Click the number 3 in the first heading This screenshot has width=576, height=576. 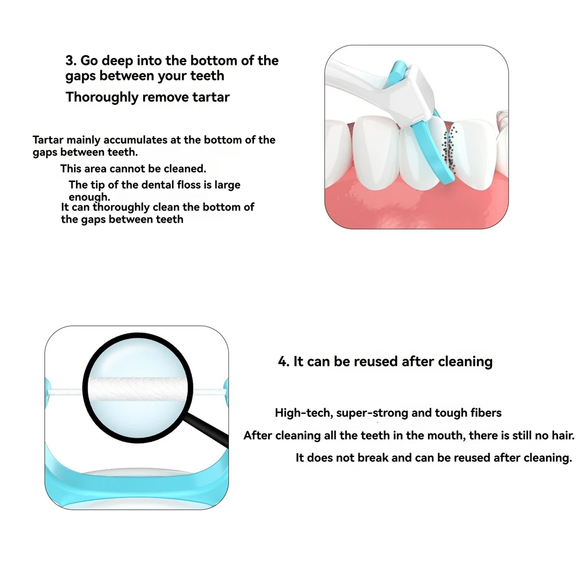pyautogui.click(x=70, y=60)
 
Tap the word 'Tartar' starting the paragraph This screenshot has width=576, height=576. pyautogui.click(x=48, y=140)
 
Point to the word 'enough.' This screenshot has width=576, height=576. pyautogui.click(x=89, y=197)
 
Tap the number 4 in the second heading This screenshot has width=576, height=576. pyautogui.click(x=283, y=361)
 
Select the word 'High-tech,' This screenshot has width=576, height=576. pyautogui.click(x=303, y=413)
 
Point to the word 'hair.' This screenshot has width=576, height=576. pyautogui.click(x=561, y=435)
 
